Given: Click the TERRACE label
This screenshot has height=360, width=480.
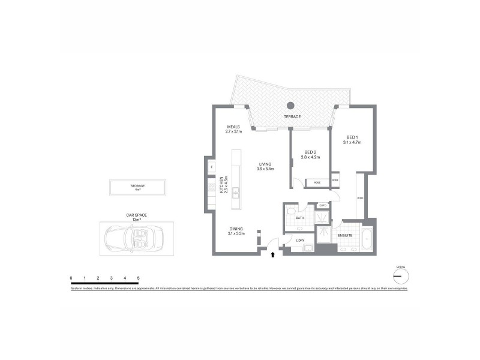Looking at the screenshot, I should pos(293,116).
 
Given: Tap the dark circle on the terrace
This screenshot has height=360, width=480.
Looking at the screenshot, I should pos(290,104).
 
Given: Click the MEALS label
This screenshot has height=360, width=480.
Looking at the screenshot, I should pos(233,127).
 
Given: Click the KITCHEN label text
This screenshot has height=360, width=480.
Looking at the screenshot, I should pos(221,185).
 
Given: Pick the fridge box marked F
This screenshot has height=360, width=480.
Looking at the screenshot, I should pos(212,166).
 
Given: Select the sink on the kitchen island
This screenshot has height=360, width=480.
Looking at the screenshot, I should pos(236,193).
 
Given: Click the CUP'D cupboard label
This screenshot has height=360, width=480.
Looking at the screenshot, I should pos(323,206).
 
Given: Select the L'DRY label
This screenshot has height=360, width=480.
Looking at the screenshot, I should pos(301,241).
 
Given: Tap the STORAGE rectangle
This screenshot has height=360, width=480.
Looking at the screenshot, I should pos(137,187).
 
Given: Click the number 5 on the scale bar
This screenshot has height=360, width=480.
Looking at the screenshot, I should pos(139,278).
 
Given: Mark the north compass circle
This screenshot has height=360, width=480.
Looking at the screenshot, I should pos(400,276).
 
